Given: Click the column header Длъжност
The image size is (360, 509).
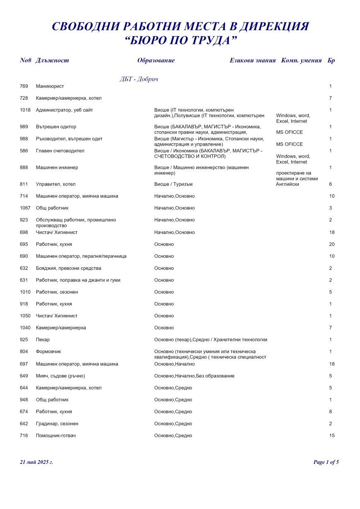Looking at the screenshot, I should (x=52, y=60).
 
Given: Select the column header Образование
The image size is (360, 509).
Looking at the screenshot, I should (x=156, y=60).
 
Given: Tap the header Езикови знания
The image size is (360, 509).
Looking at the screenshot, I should (x=252, y=60).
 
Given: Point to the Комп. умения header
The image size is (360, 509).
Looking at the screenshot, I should (x=301, y=60).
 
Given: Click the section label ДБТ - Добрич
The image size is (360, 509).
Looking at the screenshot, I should (x=139, y=79).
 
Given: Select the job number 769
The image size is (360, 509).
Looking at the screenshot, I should (x=24, y=86).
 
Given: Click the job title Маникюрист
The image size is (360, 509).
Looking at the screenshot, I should (x=50, y=86).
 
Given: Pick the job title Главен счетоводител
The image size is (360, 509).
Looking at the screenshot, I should (x=60, y=151).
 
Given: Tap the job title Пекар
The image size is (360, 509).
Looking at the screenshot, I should (x=43, y=339).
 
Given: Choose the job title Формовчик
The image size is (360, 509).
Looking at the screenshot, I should (x=48, y=351).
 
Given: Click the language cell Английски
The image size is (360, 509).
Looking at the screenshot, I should (x=287, y=184).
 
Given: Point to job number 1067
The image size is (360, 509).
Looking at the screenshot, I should (x=25, y=208).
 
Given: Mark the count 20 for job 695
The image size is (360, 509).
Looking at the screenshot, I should (x=332, y=244).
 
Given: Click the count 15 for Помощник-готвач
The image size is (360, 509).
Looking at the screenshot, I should (x=332, y=435).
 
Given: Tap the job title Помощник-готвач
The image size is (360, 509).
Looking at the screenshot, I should (x=56, y=435).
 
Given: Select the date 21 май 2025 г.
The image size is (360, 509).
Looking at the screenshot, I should (x=36, y=462).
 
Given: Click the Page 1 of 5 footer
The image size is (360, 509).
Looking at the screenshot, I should (x=326, y=462).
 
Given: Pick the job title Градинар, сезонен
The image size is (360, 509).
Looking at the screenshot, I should (x=57, y=423).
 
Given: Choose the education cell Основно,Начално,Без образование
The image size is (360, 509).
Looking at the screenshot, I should (x=194, y=376).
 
